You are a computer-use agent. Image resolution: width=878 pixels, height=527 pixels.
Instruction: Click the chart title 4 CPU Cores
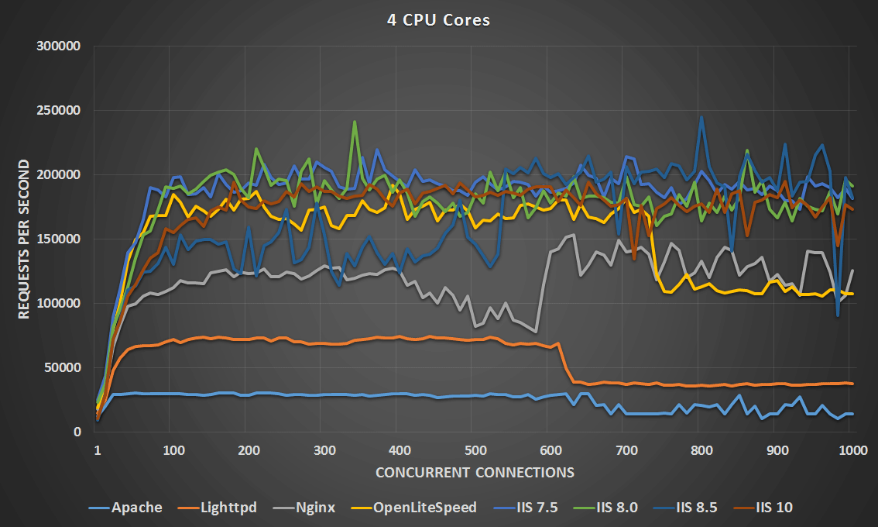[x=438, y=21]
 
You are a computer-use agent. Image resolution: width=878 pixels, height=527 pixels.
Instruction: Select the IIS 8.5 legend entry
[x=696, y=508]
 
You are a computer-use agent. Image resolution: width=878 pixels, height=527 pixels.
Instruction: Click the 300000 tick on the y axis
[x=59, y=46]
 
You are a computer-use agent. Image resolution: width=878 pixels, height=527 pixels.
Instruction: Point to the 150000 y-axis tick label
[x=59, y=239]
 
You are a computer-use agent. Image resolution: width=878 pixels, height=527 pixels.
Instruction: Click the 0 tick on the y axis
[x=77, y=432]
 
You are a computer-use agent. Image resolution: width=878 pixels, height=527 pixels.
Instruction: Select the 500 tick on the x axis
[x=475, y=449]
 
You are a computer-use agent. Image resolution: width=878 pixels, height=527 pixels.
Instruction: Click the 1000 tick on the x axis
[x=852, y=449]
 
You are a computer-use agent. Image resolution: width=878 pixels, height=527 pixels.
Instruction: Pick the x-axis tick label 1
[x=98, y=449]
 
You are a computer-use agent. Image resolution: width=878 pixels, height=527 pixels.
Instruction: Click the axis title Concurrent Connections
[x=475, y=472]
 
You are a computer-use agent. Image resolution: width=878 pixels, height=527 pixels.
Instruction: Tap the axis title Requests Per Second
[x=23, y=239]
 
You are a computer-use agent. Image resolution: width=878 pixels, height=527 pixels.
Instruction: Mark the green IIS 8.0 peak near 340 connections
[x=355, y=122]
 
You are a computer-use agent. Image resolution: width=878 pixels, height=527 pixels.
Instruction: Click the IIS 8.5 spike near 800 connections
[x=701, y=118]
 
